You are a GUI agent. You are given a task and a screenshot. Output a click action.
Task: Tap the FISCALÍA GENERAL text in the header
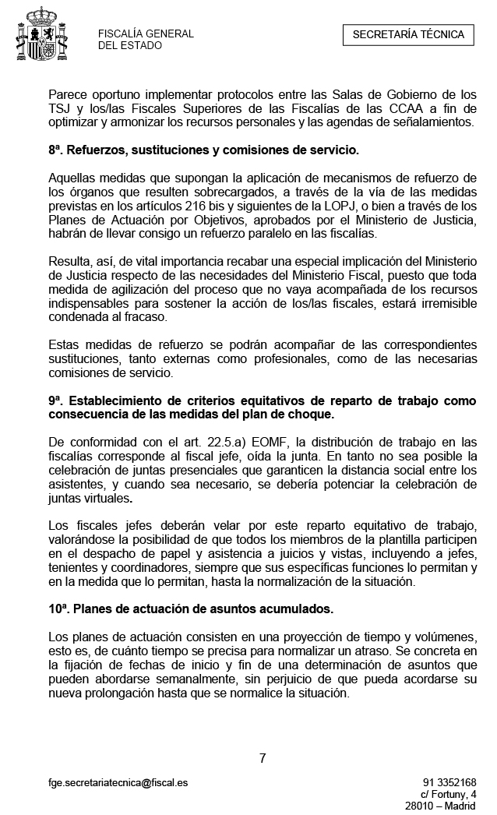click(146, 34)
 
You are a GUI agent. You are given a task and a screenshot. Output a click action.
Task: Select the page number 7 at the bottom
click(263, 757)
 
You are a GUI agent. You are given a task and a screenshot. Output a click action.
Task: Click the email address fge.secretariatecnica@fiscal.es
click(118, 782)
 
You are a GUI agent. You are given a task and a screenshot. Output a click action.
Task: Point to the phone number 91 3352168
click(449, 782)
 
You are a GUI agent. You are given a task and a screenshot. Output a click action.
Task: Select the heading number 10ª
click(59, 607)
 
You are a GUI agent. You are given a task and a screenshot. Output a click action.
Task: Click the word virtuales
click(107, 497)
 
